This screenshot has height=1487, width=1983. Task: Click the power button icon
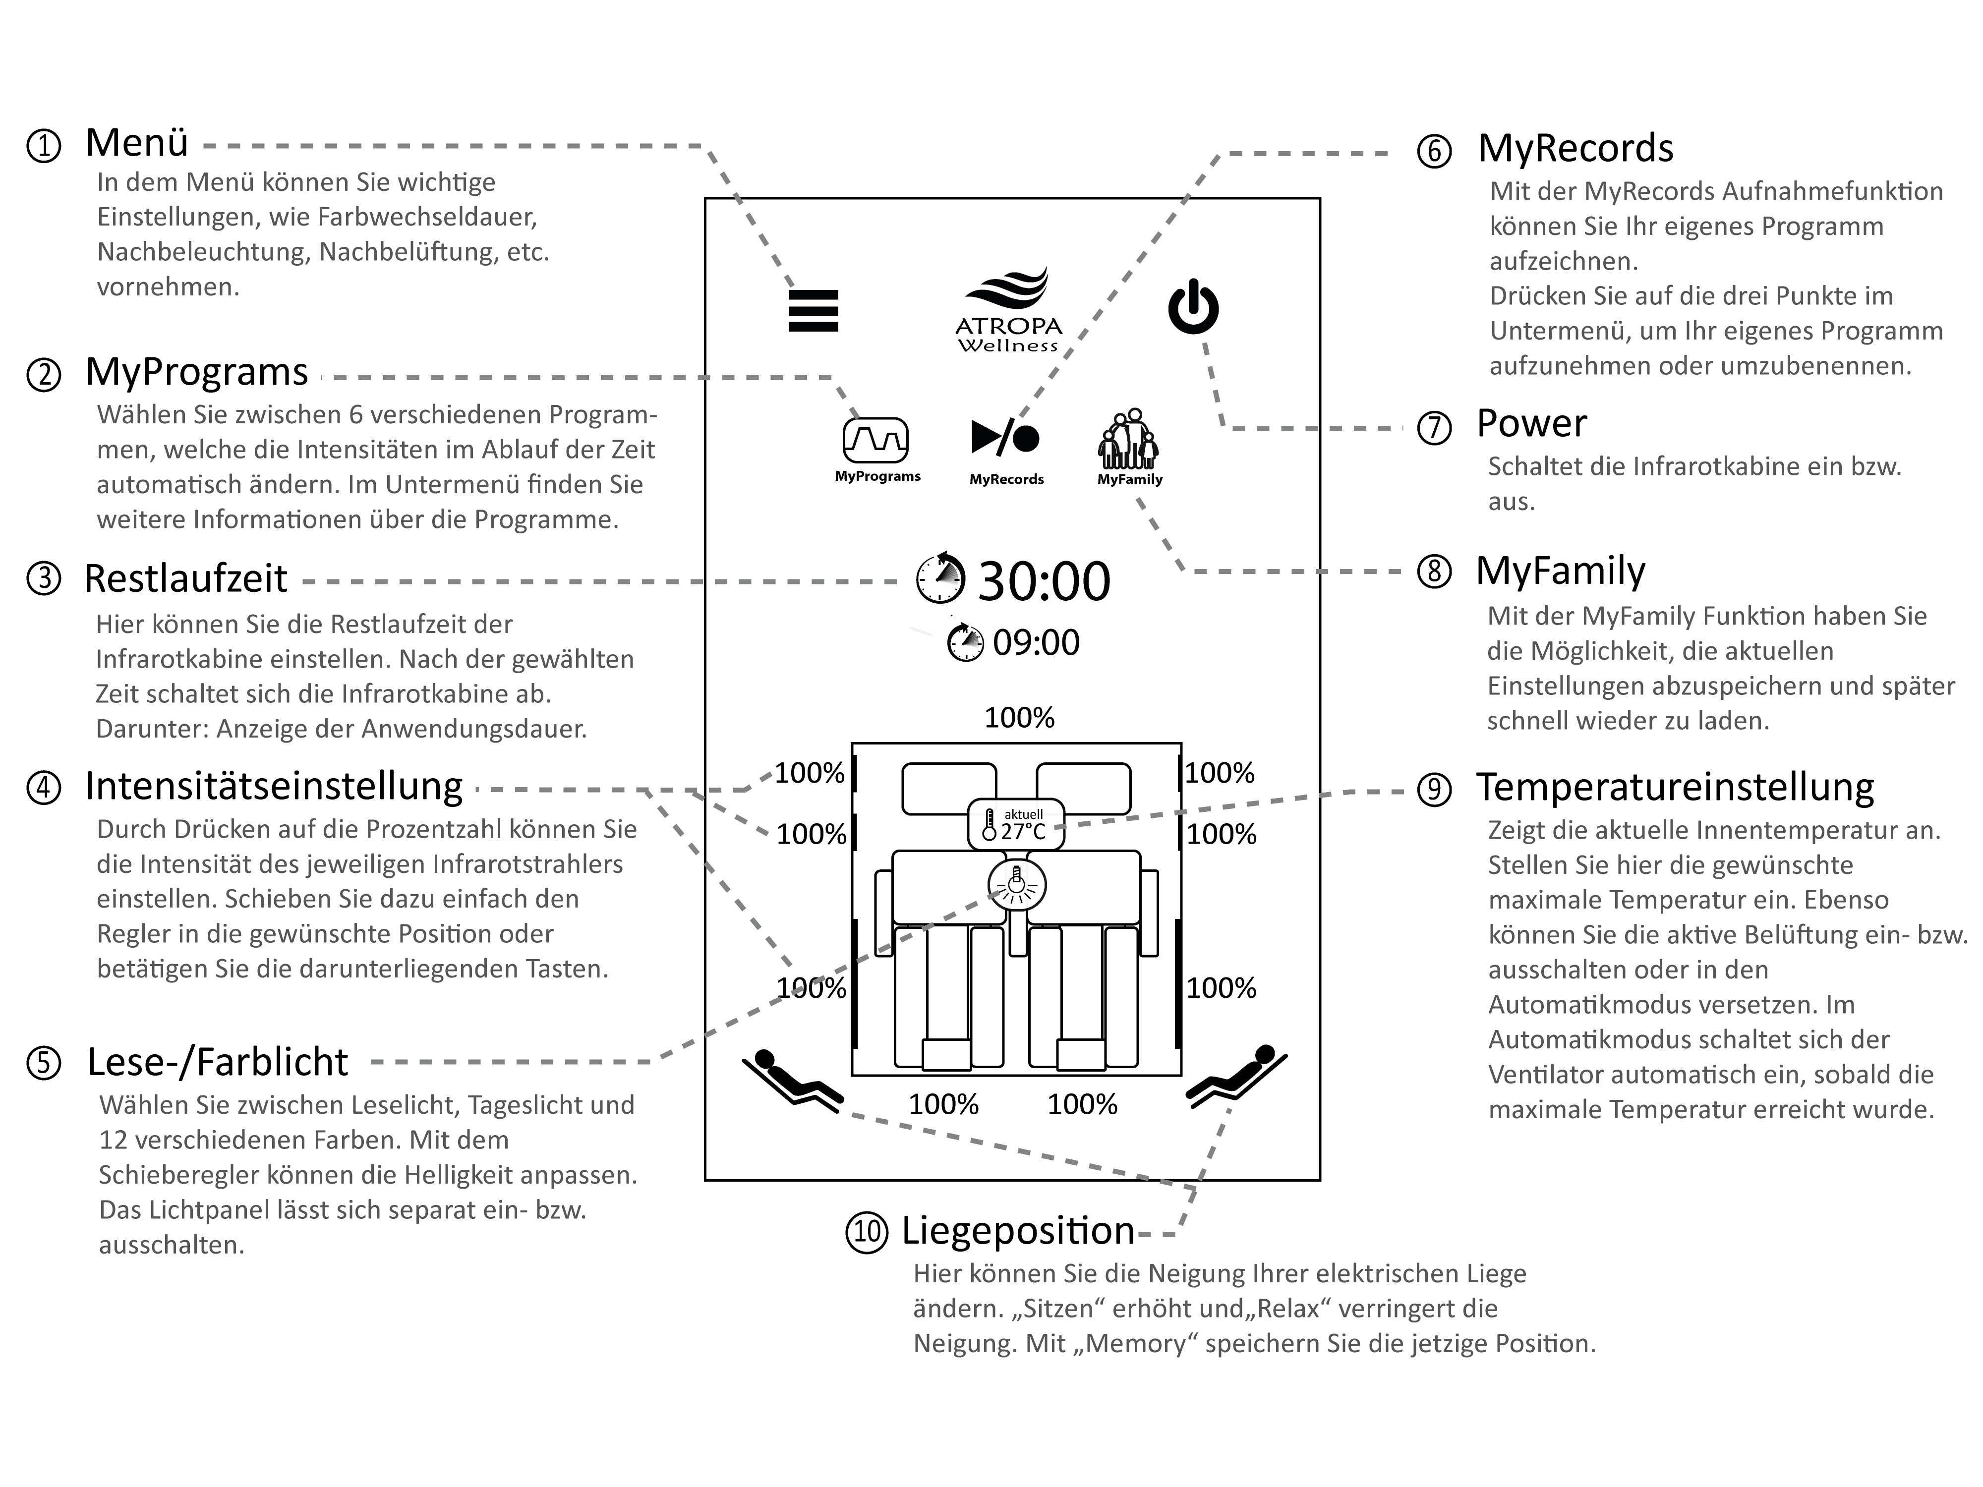point(1193,307)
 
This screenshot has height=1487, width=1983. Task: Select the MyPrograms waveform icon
point(875,440)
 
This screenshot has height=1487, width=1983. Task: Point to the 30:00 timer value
point(1044,581)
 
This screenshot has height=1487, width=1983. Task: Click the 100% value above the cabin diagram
point(1019,718)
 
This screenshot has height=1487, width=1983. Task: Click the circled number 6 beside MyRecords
point(1434,151)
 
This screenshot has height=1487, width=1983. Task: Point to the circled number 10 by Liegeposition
point(867,1232)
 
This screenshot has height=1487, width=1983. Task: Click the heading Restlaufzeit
point(185,579)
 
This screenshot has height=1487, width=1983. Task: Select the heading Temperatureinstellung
point(1675,787)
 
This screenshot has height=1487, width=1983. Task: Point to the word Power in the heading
point(1531,423)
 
